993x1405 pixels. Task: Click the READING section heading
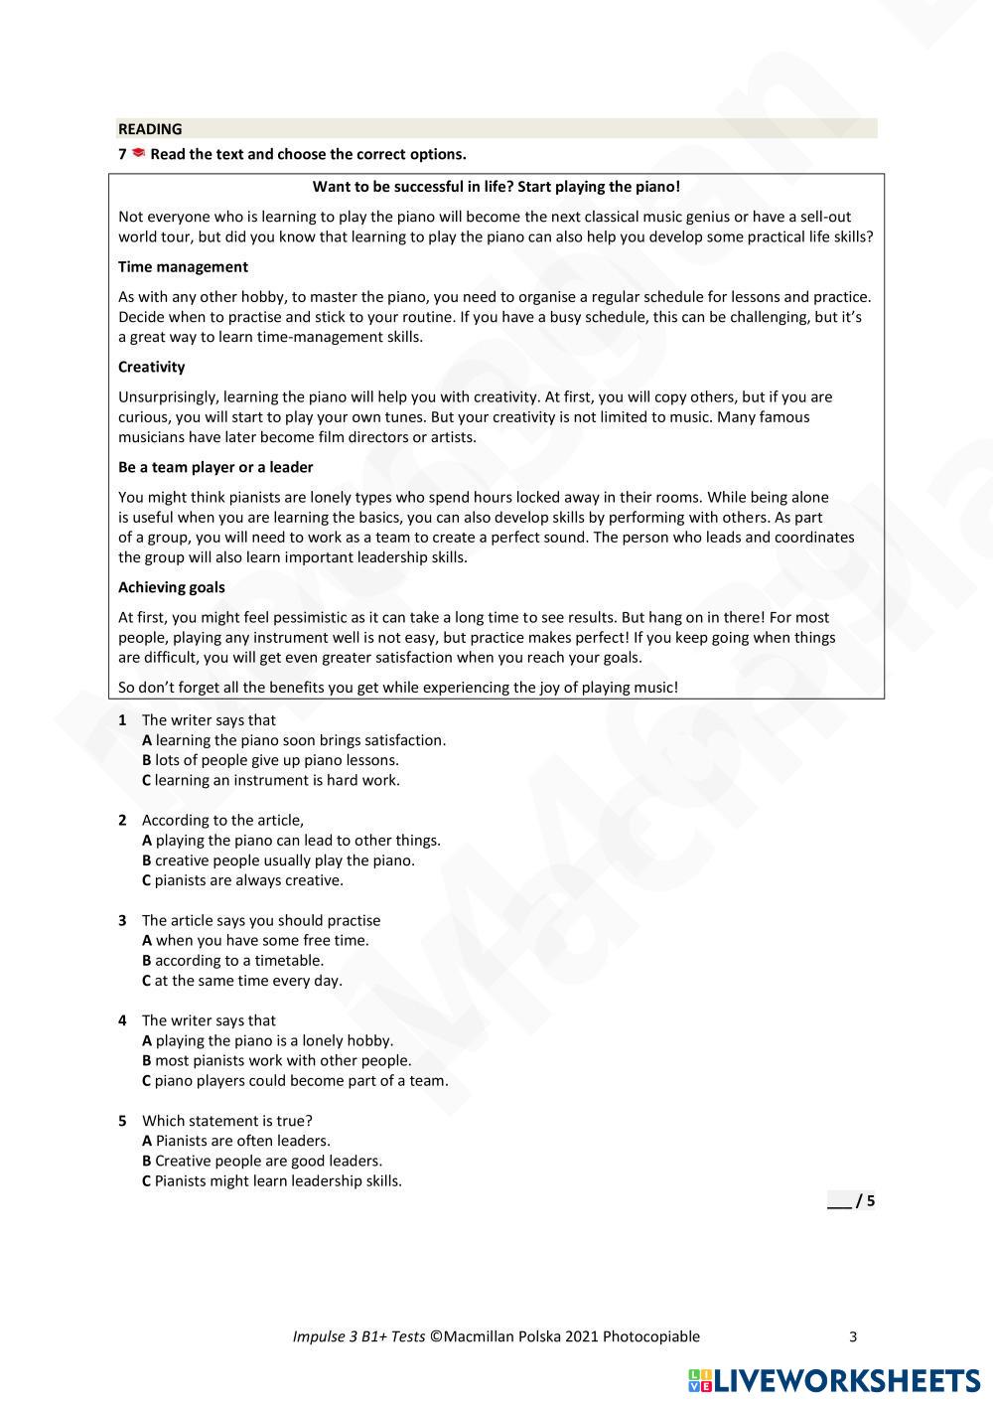[150, 129]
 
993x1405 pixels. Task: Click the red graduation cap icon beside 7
[138, 153]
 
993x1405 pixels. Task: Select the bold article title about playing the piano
[496, 187]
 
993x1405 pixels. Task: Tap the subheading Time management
[183, 266]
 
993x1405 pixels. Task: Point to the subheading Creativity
[151, 367]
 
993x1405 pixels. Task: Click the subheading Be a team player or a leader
[215, 467]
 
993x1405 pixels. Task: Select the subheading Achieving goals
[171, 587]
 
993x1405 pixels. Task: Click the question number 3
[122, 920]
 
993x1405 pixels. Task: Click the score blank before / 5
[838, 1201]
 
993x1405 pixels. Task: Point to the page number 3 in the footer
[853, 1336]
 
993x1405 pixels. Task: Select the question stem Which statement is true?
[227, 1121]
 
